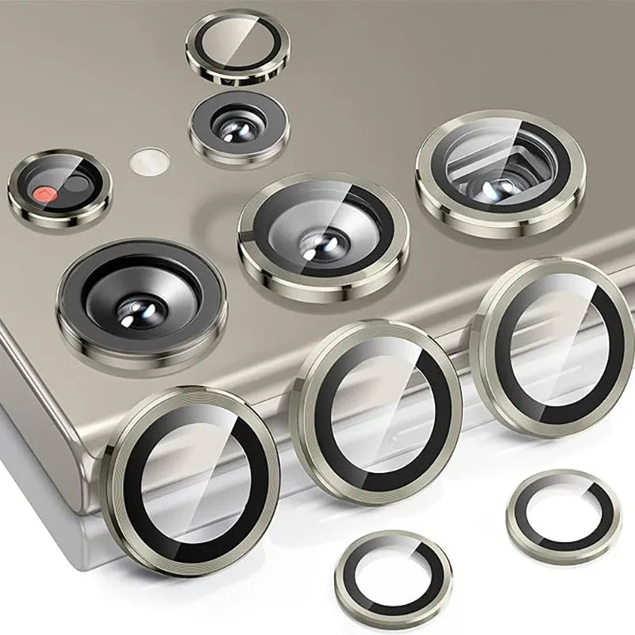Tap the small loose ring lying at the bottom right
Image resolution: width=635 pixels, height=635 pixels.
pos(563,515)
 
